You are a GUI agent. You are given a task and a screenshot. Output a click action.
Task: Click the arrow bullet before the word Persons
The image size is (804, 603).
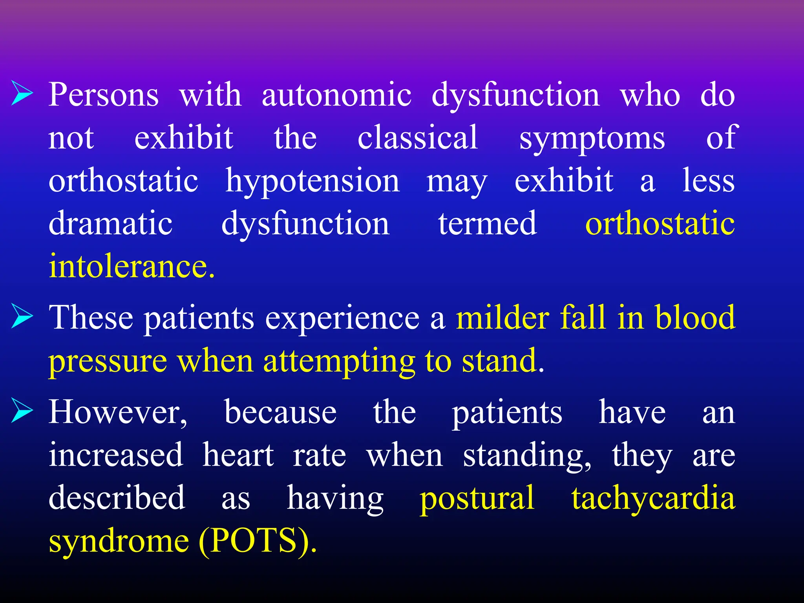(x=22, y=93)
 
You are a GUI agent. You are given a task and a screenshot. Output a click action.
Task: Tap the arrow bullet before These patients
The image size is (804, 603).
(x=22, y=316)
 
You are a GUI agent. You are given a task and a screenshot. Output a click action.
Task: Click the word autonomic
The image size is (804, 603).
(x=336, y=95)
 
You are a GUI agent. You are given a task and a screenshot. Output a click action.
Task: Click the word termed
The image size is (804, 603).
(x=487, y=223)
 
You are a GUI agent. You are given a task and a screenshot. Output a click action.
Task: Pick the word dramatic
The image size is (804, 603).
(x=110, y=223)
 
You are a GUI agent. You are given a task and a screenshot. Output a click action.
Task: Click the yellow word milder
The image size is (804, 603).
(x=502, y=317)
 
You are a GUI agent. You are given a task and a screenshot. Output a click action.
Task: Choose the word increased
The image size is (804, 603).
(x=116, y=455)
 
